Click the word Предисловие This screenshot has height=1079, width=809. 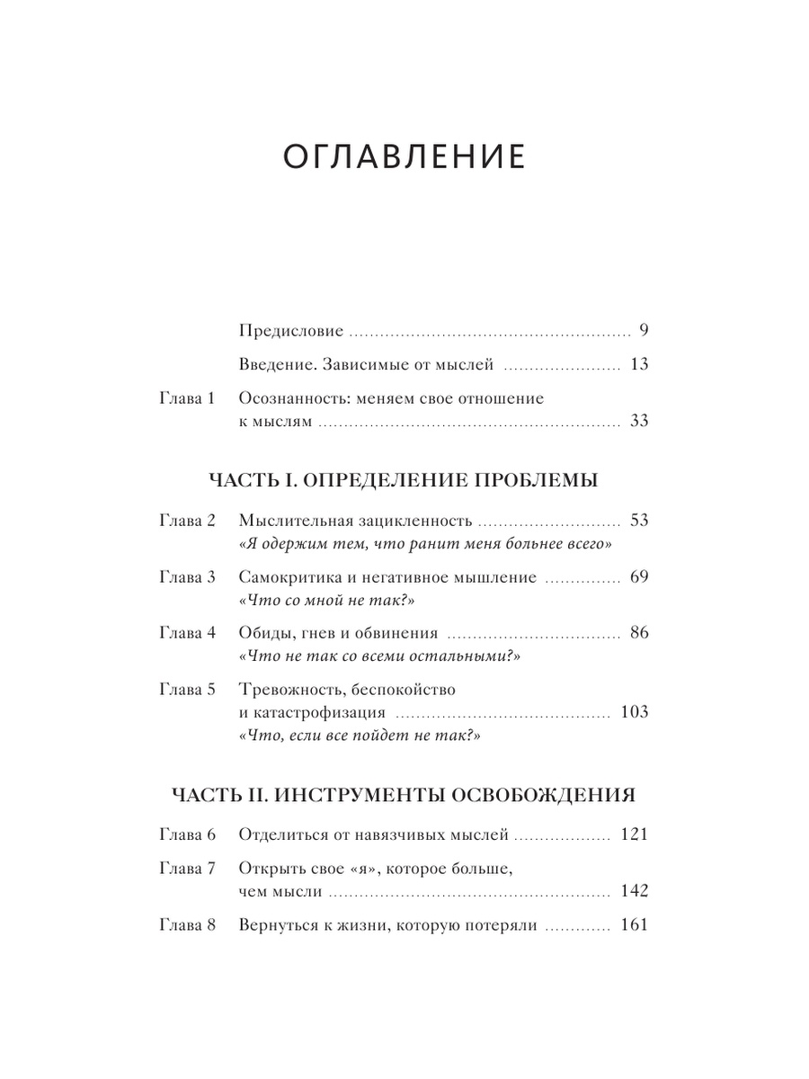pyautogui.click(x=292, y=331)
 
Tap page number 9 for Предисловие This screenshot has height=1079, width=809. pyautogui.click(x=644, y=330)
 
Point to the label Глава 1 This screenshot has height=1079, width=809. pyautogui.click(x=188, y=398)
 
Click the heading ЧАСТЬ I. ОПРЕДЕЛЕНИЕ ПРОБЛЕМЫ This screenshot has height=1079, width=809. pyautogui.click(x=404, y=479)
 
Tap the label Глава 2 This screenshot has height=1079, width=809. pyautogui.click(x=188, y=521)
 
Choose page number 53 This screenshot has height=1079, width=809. pyautogui.click(x=639, y=521)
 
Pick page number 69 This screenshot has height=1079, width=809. pyautogui.click(x=639, y=577)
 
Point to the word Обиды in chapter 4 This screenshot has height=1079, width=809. pyautogui.click(x=267, y=634)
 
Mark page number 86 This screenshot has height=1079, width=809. pyautogui.click(x=639, y=633)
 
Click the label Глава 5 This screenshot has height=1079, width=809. pyautogui.click(x=188, y=690)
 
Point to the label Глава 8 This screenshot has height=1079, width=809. pyautogui.click(x=188, y=925)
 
